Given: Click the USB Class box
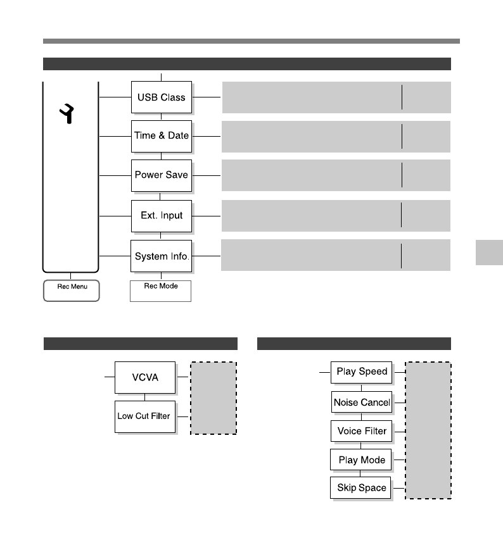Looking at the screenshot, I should tap(161, 97).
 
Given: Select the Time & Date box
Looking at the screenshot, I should tap(161, 136).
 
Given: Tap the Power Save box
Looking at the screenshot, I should tap(161, 175).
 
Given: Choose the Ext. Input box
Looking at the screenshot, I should tap(161, 216).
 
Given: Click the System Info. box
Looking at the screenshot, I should tap(161, 256).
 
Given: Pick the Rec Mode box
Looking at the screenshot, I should tap(160, 291).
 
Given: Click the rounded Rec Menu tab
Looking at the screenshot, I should tap(71, 291).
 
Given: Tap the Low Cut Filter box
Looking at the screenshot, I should tap(144, 416).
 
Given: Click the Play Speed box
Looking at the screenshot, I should tap(361, 372).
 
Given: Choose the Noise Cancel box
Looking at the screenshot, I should tap(361, 402).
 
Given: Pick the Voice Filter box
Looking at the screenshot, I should tap(361, 431).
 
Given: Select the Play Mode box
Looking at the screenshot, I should tap(361, 460).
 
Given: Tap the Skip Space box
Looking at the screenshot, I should tap(361, 488).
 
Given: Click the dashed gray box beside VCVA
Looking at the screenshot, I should tap(213, 397).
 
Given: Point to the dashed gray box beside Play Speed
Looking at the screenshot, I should tap(428, 430).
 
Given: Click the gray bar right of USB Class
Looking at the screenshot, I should tap(336, 97).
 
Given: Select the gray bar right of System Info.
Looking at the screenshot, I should tap(336, 255).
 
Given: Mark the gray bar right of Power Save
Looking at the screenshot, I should tap(336, 175).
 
